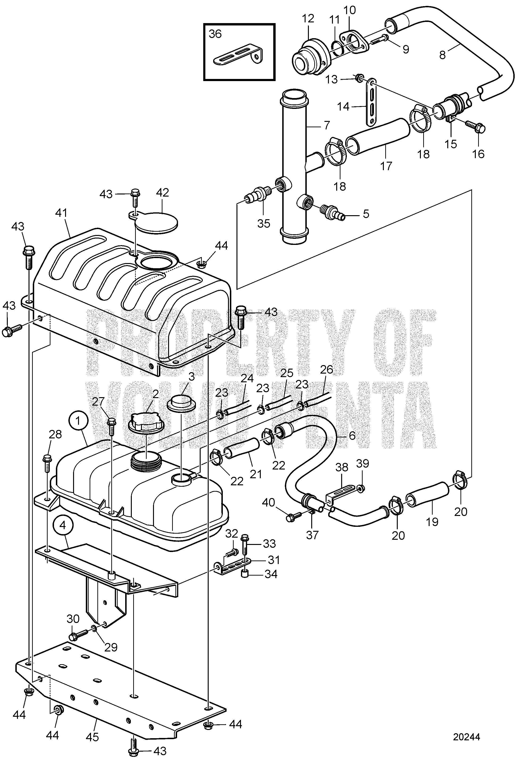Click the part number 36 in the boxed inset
tap(215, 34)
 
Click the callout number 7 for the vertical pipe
tap(327, 125)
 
